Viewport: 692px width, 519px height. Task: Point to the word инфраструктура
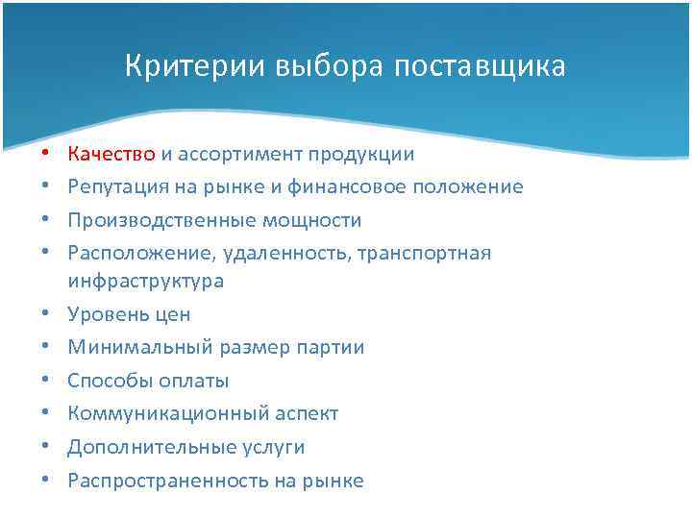coord(145,281)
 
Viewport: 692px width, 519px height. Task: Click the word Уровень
coord(103,314)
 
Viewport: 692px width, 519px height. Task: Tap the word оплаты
coord(197,381)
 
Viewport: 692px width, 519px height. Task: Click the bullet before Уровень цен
coord(45,314)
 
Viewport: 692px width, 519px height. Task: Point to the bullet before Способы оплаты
coord(45,381)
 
